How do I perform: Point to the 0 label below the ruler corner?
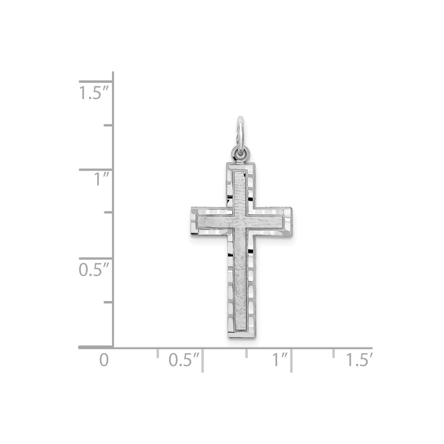click(104, 360)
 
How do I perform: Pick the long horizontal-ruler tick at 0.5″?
click(203, 360)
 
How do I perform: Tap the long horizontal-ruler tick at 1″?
click(291, 360)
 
